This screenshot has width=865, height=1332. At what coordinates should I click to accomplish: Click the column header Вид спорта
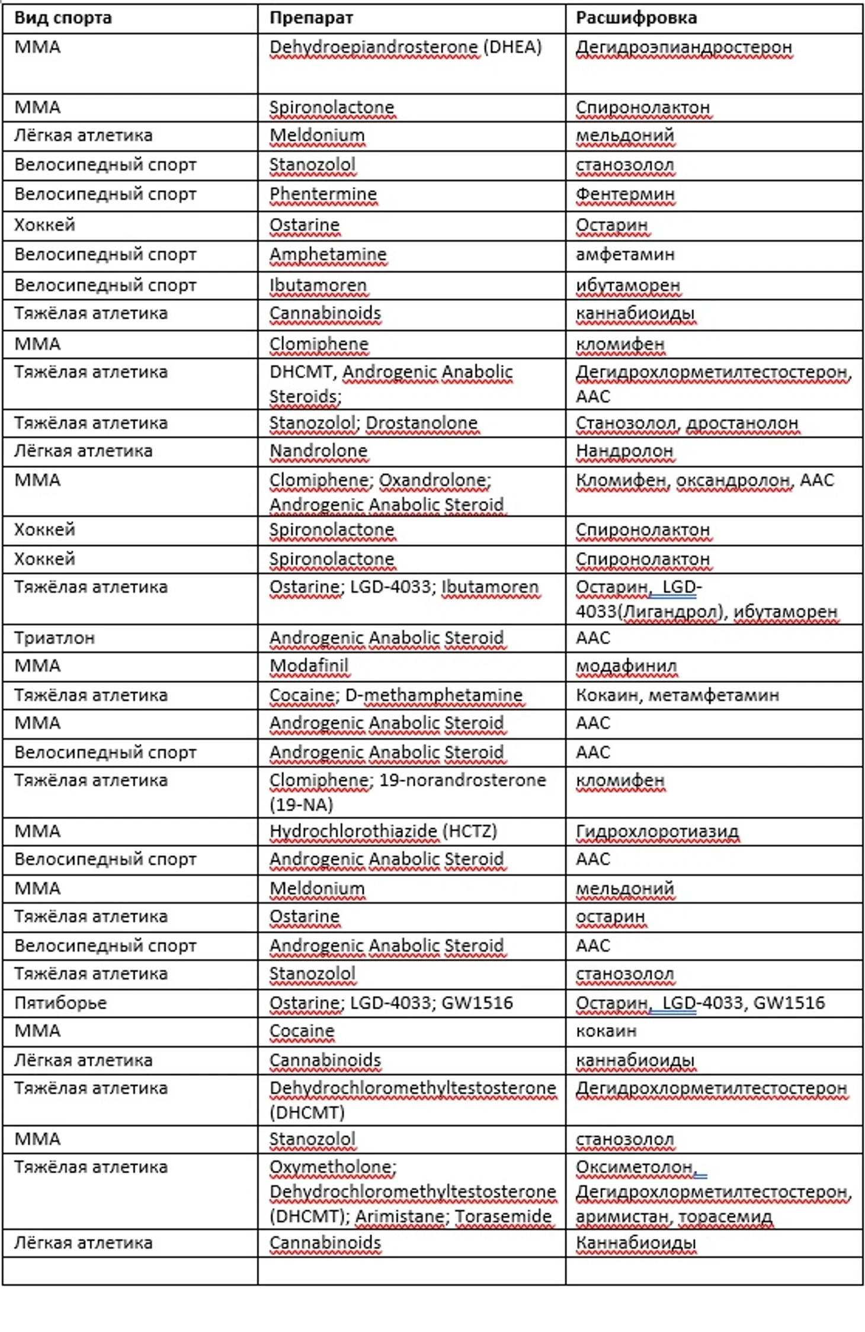tap(63, 18)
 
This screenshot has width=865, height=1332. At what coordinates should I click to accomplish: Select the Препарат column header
tap(311, 18)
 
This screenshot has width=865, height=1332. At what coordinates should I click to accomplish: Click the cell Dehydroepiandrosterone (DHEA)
tap(405, 47)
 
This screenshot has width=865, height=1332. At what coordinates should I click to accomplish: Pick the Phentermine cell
tap(323, 194)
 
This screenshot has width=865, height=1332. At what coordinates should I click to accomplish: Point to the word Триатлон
tap(55, 638)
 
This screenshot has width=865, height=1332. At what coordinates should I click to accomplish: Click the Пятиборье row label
tap(60, 1003)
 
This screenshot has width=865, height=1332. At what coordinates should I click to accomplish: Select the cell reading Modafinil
tap(309, 666)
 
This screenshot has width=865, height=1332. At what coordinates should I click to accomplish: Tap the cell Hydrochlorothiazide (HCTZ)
tap(383, 831)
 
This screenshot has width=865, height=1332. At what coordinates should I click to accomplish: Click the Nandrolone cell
tap(318, 451)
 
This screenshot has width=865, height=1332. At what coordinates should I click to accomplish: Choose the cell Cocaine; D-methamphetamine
tap(396, 695)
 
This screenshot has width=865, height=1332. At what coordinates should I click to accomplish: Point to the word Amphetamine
tap(328, 255)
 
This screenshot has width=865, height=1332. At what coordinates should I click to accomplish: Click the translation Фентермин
tap(625, 194)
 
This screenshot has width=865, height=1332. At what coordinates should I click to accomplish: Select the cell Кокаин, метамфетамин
tap(677, 695)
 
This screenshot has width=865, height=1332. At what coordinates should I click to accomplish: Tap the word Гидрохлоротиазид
tap(657, 831)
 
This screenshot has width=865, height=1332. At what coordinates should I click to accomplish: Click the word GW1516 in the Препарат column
tap(477, 1003)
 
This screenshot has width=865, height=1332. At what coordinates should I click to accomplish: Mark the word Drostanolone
tap(421, 423)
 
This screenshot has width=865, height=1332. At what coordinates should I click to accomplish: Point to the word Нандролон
tap(624, 451)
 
